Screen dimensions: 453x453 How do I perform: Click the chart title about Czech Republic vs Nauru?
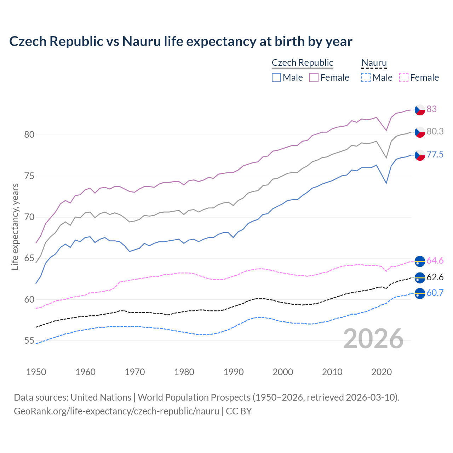pyautogui.click(x=180, y=41)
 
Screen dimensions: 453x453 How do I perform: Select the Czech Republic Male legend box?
pyautogui.click(x=276, y=78)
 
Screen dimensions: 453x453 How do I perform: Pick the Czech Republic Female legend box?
pyautogui.click(x=314, y=78)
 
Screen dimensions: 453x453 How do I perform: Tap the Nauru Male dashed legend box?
pyautogui.click(x=366, y=78)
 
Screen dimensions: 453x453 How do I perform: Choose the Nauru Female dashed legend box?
pyautogui.click(x=404, y=78)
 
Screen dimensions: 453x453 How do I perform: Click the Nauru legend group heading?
pyautogui.click(x=374, y=63)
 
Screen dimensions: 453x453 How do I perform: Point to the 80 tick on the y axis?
pyautogui.click(x=29, y=135)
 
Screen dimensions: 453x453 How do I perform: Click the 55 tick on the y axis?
pyautogui.click(x=29, y=341)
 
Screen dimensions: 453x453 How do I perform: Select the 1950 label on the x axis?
pyautogui.click(x=36, y=372)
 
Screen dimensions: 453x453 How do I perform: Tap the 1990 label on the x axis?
pyautogui.click(x=234, y=372)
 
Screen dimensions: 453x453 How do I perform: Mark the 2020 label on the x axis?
pyautogui.click(x=382, y=372)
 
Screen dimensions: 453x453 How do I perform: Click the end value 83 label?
pyautogui.click(x=431, y=109)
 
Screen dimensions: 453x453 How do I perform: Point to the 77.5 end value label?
pyautogui.click(x=435, y=155)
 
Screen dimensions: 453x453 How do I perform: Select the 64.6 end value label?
pyautogui.click(x=435, y=261)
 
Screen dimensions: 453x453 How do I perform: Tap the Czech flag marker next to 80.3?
pyautogui.click(x=420, y=132)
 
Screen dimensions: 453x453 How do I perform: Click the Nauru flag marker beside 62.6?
pyautogui.click(x=420, y=278)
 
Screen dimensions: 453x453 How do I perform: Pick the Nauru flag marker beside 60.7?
pyautogui.click(x=420, y=293)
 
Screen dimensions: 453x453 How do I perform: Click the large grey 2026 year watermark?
pyautogui.click(x=373, y=339)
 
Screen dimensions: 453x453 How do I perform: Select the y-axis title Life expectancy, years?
pyautogui.click(x=15, y=227)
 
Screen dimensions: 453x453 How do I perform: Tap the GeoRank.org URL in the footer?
pyautogui.click(x=116, y=411)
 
